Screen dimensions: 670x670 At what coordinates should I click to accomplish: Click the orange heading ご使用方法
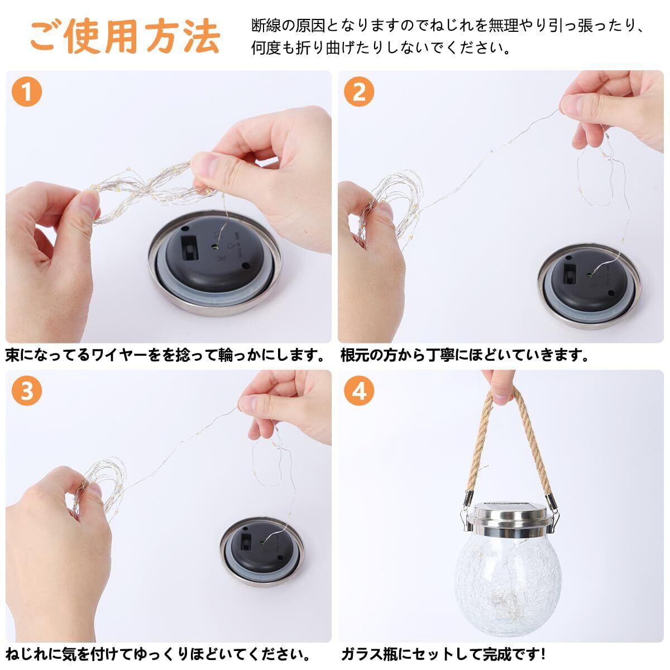pyautogui.click(x=126, y=36)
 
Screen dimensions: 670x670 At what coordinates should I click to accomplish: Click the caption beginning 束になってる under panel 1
pyautogui.click(x=165, y=355)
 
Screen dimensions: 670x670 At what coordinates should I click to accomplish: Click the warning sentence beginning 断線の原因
pyautogui.click(x=448, y=36)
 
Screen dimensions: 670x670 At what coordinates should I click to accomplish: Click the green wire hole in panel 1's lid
pyautogui.click(x=215, y=247)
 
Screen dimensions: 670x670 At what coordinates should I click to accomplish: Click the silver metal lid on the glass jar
pyautogui.click(x=510, y=520)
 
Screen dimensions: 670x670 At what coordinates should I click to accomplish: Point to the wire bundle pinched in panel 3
pyautogui.click(x=99, y=487)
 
